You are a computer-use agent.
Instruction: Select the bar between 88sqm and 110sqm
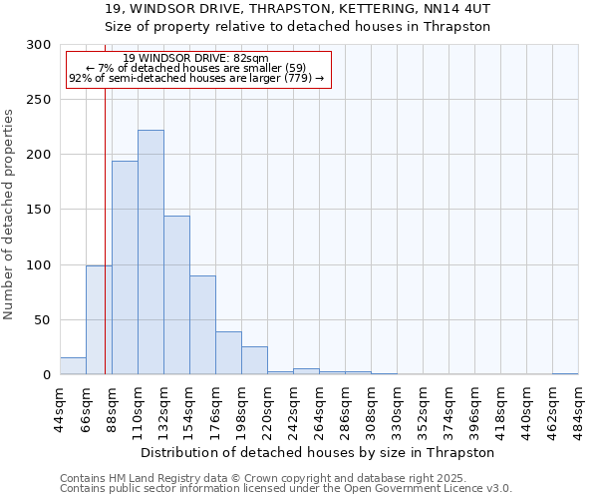(125, 267)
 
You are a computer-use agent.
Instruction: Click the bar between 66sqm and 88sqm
(99, 320)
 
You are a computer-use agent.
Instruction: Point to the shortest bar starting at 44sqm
(73, 366)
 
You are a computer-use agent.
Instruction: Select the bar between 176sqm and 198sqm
(228, 353)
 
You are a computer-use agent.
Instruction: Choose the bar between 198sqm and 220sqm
(254, 360)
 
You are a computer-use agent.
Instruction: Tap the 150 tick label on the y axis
(39, 210)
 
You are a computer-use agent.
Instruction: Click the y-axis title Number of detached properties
(10, 215)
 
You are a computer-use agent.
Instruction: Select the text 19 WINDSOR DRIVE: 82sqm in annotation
(196, 58)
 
